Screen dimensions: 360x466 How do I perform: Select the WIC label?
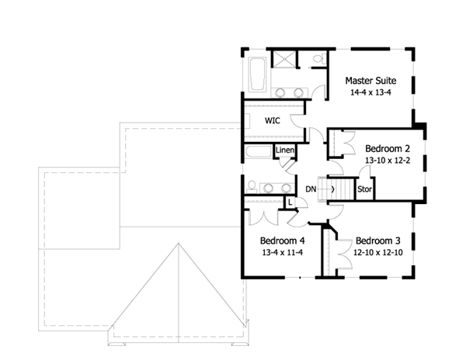click(x=272, y=121)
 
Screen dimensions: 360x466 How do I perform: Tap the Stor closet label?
click(x=364, y=189)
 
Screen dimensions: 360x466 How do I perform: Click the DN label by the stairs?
click(x=311, y=189)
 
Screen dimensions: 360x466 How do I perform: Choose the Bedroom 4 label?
click(x=282, y=240)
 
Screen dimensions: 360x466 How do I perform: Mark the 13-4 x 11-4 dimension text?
click(x=282, y=252)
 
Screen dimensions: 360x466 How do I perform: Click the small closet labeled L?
click(x=289, y=202)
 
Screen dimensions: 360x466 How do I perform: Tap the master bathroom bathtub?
click(x=256, y=75)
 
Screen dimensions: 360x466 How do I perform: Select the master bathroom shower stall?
click(x=286, y=59)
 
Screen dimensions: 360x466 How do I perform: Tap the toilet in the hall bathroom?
click(x=252, y=185)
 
